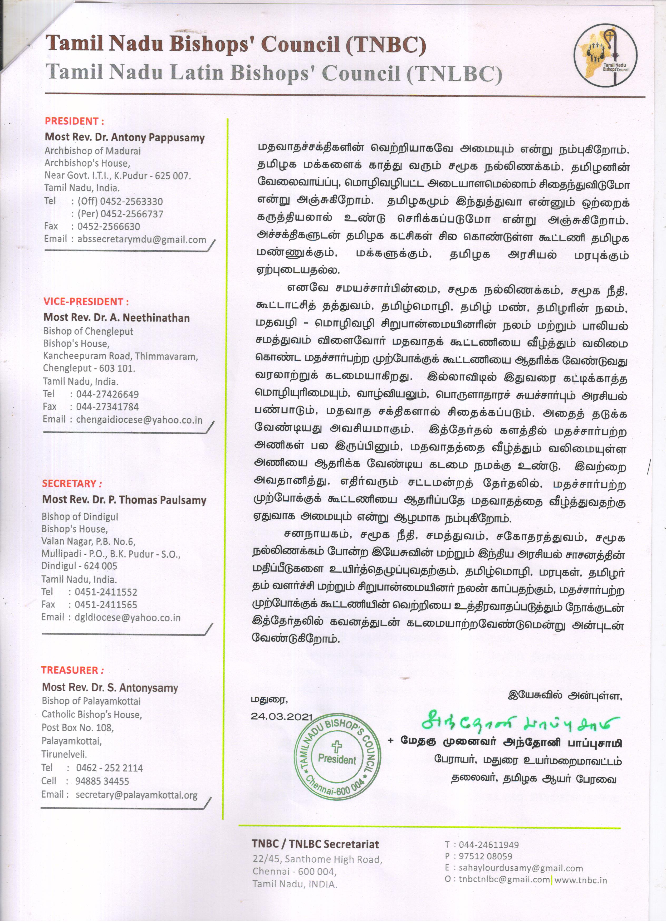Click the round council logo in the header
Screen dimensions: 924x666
(605, 55)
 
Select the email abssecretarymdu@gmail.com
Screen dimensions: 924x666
(142, 239)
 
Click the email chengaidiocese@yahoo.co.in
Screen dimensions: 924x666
(139, 420)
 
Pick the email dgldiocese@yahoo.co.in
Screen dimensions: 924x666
(128, 618)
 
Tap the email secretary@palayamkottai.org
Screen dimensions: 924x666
(136, 795)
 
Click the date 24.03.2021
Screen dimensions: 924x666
(281, 717)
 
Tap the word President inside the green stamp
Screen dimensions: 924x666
(337, 759)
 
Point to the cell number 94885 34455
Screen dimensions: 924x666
(102, 781)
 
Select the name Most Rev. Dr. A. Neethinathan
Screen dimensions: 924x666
(116, 317)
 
